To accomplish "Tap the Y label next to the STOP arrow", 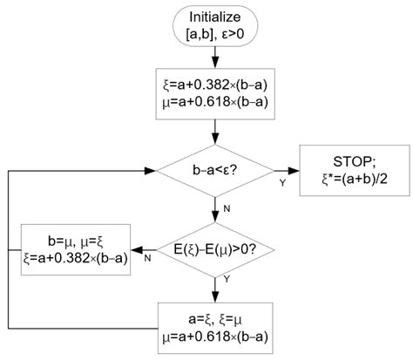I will [x=281, y=183].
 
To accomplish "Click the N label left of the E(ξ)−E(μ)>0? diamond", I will [x=147, y=258].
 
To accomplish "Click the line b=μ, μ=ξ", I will [x=76, y=236].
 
